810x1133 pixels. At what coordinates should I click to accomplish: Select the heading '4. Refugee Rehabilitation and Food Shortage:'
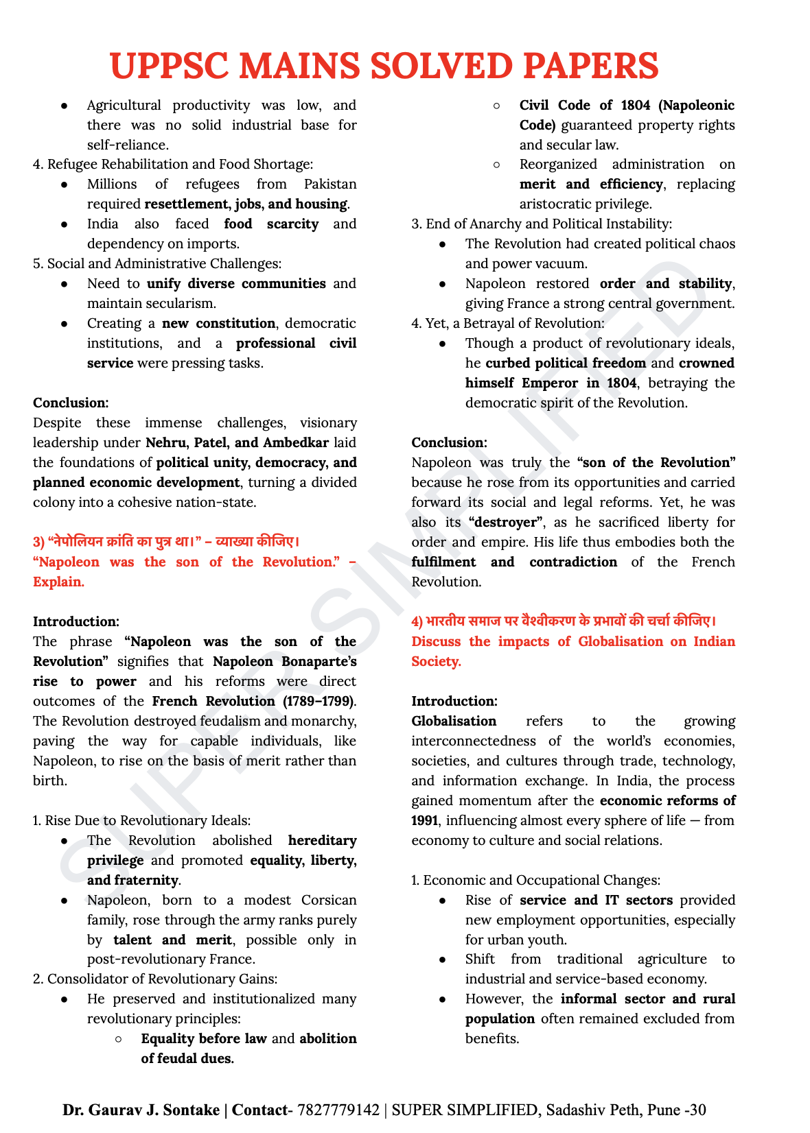tap(173, 164)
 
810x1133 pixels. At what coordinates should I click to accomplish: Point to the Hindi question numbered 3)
tap(166, 542)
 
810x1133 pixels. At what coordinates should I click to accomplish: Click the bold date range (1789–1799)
tap(319, 701)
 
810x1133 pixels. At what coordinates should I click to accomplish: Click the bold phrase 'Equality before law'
tap(203, 1038)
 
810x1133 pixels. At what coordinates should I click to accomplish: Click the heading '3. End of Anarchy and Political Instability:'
tap(542, 224)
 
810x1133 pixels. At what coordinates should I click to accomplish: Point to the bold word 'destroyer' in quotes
tap(507, 522)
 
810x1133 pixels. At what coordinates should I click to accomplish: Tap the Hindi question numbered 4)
tap(564, 621)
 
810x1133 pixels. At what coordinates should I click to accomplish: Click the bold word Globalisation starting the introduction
tap(454, 721)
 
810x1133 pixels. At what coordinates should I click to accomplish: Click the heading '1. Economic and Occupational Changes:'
tap(536, 880)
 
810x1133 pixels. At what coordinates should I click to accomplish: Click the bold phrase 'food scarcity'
tap(271, 224)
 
